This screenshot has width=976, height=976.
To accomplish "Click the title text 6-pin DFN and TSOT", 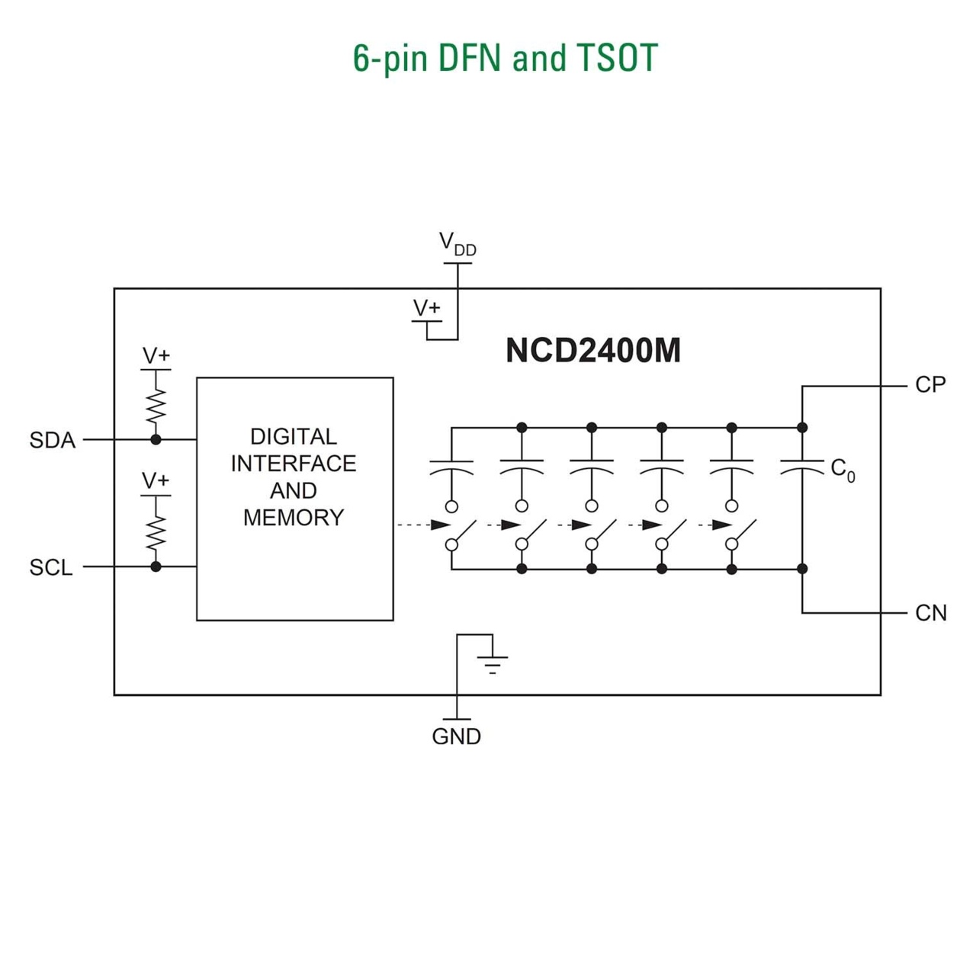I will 505,59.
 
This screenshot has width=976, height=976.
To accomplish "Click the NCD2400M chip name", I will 592,351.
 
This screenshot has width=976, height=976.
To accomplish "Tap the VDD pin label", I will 457,245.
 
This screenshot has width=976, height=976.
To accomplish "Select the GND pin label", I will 456,737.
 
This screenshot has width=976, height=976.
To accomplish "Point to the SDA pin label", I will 52,441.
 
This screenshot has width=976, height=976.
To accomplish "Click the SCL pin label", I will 51,568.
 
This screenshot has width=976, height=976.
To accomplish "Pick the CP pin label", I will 930,385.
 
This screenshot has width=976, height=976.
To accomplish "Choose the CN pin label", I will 930,613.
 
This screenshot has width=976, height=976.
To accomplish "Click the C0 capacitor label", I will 843,469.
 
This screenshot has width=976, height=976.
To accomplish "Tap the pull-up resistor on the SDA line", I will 156,406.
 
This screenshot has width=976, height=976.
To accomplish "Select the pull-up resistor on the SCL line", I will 156,531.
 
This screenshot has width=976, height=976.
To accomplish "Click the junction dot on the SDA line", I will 156,439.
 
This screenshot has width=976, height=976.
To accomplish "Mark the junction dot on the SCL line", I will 156,567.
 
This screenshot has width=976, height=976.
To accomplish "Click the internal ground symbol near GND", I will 493,664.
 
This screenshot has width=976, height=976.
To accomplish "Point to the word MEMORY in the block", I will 294,518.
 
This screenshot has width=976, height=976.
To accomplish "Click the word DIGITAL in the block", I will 294,437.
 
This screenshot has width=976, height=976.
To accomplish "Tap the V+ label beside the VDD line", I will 426,308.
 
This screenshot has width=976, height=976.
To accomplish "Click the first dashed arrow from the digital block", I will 423,525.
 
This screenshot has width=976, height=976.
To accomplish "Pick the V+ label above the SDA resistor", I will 156,356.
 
